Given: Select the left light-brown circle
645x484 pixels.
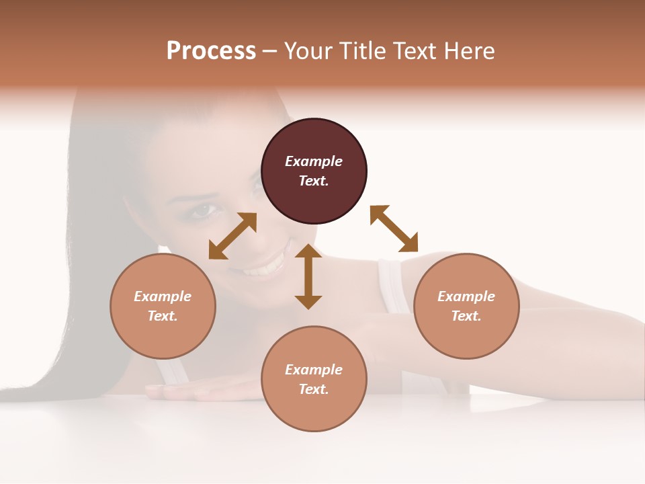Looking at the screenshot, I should point(163,306).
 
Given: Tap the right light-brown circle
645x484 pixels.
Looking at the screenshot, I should point(466,306).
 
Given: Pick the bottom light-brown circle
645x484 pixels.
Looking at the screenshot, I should point(314,379).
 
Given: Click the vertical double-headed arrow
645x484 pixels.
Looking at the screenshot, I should point(308,276).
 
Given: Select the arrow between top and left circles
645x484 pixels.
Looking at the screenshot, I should point(232,235).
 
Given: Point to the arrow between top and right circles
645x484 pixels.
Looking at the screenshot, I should point(394,229).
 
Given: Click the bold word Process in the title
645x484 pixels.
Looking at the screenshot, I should point(211,51).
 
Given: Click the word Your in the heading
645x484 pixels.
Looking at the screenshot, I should point(308,51).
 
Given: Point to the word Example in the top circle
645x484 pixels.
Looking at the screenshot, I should point(314,161).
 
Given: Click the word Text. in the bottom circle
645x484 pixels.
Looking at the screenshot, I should point(314,389).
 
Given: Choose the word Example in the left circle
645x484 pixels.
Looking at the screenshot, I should point(163,296).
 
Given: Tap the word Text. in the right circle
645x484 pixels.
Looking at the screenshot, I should point(466,316).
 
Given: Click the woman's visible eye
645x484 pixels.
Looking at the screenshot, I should point(204,210).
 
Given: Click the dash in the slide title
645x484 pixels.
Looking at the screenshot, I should point(269,51).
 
